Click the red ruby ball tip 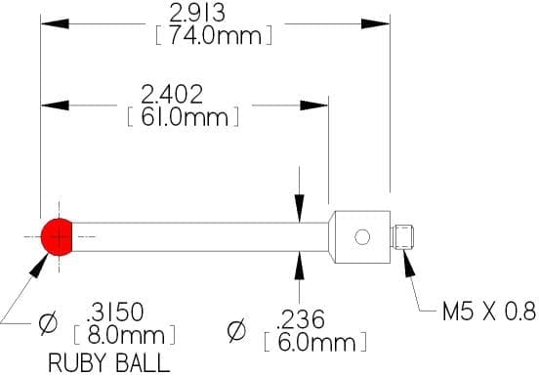coord(57,237)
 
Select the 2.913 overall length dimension coord(197,13)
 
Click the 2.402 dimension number coord(172,95)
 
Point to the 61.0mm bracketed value coord(185,117)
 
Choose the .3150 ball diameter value coord(115,313)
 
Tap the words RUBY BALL coord(109,363)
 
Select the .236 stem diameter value coord(300,319)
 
